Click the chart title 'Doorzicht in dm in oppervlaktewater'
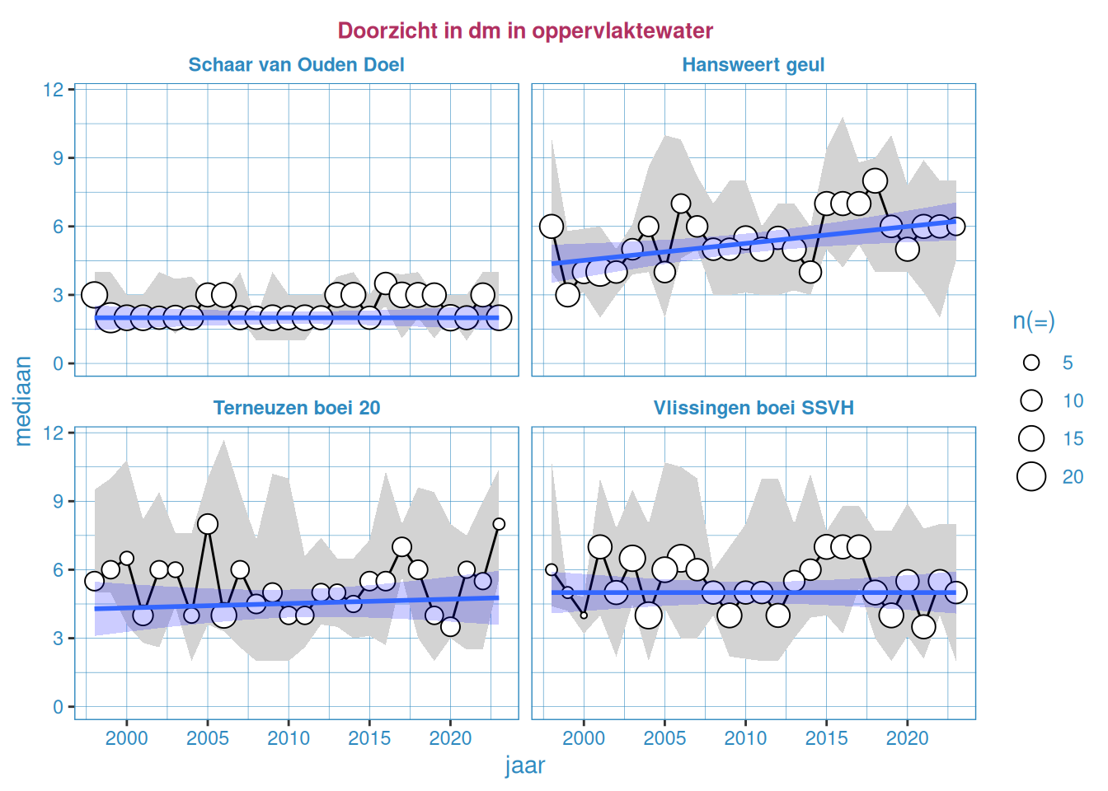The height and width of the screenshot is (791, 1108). (x=525, y=30)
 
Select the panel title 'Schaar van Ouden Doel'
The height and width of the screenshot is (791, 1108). (x=296, y=65)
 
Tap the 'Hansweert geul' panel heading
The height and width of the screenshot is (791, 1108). (x=753, y=65)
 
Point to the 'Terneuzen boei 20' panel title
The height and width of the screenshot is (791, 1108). (x=296, y=408)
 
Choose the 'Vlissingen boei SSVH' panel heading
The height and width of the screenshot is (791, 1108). (x=753, y=408)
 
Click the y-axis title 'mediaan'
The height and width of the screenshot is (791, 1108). (x=23, y=401)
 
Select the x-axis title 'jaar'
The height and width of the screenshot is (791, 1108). (x=525, y=765)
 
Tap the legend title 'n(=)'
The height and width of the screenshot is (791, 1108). (x=1033, y=321)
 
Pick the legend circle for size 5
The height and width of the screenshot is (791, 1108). (x=1031, y=363)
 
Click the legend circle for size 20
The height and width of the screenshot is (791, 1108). (x=1031, y=476)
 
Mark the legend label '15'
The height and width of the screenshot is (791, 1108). (x=1073, y=438)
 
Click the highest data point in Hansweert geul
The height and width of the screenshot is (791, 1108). (x=875, y=180)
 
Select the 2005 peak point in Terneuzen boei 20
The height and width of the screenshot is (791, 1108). (x=208, y=524)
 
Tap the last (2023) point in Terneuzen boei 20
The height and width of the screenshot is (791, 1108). (x=499, y=524)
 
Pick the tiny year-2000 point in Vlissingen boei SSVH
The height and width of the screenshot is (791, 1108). (x=584, y=615)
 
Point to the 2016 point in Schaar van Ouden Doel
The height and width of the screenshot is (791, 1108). (x=385, y=283)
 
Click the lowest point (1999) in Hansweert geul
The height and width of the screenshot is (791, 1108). (x=567, y=295)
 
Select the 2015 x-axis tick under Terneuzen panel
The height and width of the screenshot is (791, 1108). (x=369, y=737)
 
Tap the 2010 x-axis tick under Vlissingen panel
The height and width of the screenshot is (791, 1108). (x=745, y=737)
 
